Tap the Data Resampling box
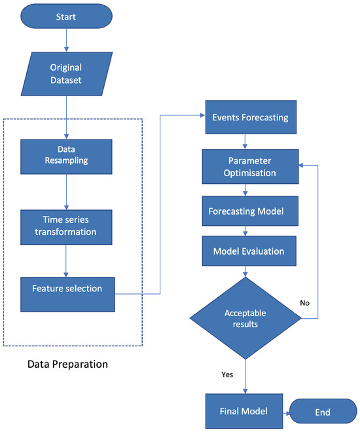tap(65, 154)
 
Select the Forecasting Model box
tap(245, 212)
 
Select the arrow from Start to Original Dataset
tap(65, 41)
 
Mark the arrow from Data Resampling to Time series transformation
tap(65, 190)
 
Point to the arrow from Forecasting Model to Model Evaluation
tap(245, 232)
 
